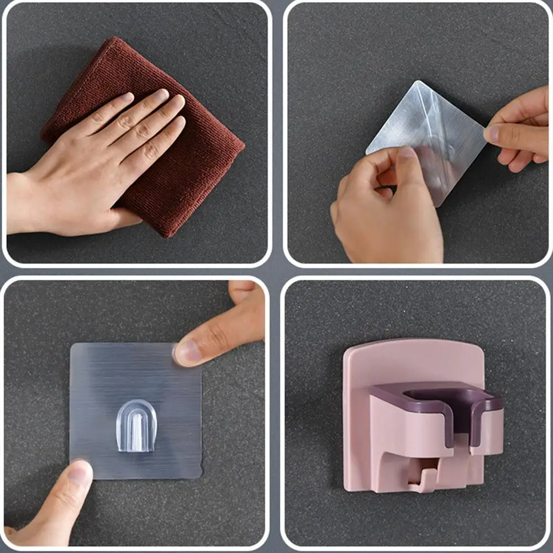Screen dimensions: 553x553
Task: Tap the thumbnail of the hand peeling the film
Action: coord(408,153)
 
